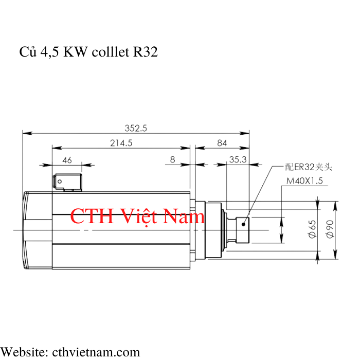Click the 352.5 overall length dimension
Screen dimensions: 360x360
(x=136, y=128)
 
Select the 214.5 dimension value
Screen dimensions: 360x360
(x=121, y=143)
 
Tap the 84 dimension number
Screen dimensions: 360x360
(x=222, y=143)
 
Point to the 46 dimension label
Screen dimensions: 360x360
(x=67, y=160)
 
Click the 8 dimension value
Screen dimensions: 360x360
(x=173, y=159)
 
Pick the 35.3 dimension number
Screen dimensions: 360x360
(x=238, y=159)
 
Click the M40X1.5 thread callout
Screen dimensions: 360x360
(x=304, y=181)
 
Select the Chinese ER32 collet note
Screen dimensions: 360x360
(x=309, y=167)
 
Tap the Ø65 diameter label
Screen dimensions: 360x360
(x=312, y=229)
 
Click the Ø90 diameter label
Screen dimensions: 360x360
(x=330, y=229)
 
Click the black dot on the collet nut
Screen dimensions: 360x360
(x=243, y=224)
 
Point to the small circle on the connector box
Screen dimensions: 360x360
(x=60, y=182)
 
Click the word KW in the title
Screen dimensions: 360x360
(x=76, y=51)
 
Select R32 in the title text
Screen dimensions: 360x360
(x=146, y=51)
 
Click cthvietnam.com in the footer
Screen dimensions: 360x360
(x=96, y=352)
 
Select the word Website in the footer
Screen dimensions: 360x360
(x=24, y=352)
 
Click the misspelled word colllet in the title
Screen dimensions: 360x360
(x=111, y=51)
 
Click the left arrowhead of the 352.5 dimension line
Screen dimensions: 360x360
(x=27, y=133)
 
